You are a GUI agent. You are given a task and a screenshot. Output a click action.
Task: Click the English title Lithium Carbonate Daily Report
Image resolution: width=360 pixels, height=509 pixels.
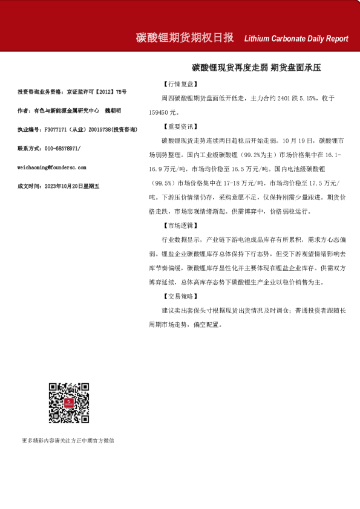[x=296, y=39]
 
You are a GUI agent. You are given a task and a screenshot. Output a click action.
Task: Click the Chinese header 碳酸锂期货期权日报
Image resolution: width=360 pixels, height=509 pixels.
[x=185, y=37]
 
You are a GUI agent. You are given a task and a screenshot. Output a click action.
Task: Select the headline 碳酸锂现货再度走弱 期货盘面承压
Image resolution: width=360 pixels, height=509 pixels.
[x=257, y=68]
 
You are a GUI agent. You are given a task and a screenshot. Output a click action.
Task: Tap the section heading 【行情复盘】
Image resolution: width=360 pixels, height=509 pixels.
[x=180, y=84]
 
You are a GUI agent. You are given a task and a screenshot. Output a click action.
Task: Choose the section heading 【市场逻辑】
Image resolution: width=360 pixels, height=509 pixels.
[x=180, y=225]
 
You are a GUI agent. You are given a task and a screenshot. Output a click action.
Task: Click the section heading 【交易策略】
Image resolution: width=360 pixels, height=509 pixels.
[x=180, y=296]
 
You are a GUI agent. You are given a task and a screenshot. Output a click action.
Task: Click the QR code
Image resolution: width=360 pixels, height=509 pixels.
[x=69, y=403]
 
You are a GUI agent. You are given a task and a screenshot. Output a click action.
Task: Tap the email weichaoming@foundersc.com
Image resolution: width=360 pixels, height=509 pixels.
[x=52, y=167]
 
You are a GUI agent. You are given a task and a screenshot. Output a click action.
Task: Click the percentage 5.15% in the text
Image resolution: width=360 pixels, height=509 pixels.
[x=297, y=98]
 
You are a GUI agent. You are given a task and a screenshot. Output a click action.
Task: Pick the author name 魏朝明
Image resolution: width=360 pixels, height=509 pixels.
[x=113, y=111]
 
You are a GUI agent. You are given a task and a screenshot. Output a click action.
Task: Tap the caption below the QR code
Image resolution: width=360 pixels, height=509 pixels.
[x=68, y=441]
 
